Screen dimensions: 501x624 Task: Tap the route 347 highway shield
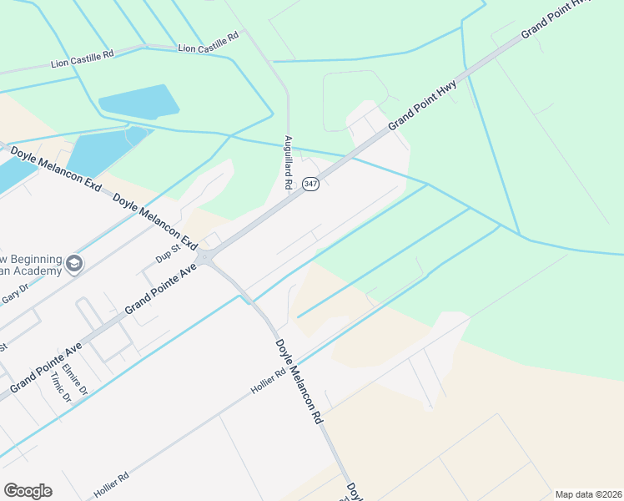click(310, 184)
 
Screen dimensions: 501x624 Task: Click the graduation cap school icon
click(74, 264)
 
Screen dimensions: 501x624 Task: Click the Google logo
click(28, 490)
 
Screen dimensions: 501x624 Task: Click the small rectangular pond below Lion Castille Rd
click(138, 102)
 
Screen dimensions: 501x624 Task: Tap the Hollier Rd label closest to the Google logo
click(112, 485)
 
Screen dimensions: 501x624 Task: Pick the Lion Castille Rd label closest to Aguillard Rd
click(209, 43)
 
